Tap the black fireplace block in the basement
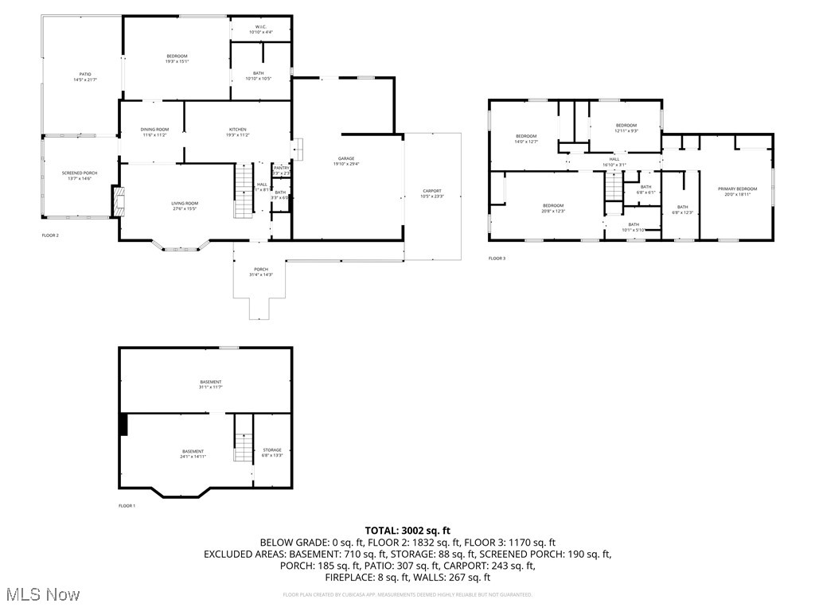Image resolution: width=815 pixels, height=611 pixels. coord(123,425)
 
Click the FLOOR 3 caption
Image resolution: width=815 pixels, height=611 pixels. coord(497,259)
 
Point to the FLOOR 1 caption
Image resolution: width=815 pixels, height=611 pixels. coord(127,506)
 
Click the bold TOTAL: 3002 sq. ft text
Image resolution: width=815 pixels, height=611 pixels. coord(407,530)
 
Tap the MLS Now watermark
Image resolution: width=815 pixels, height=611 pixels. coord(41,594)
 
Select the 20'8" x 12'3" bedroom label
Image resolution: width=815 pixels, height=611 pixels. coord(553,208)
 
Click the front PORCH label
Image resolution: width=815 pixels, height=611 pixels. coord(261,272)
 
